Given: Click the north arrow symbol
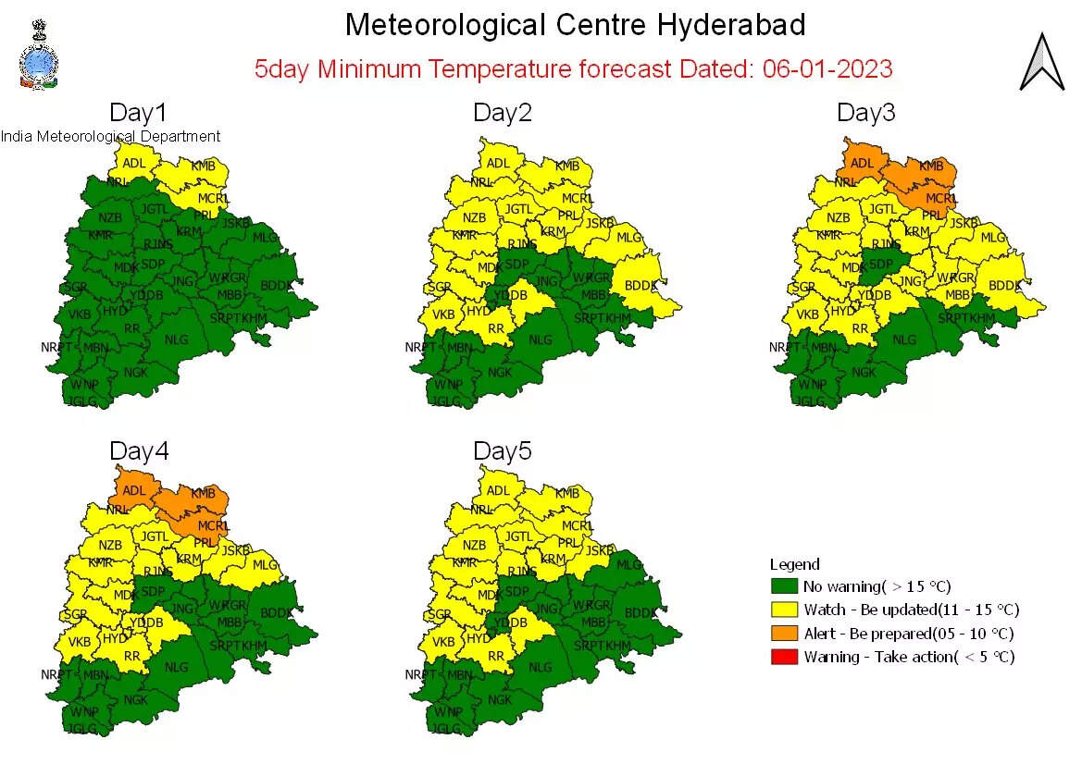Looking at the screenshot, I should [1041, 62].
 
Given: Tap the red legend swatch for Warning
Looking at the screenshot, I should [783, 657].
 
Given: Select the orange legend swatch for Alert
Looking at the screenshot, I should [783, 634].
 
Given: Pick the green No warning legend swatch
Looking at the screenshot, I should [783, 586].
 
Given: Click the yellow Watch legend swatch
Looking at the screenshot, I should [783, 610].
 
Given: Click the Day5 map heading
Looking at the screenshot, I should [503, 451].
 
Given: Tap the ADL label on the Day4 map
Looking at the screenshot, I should [134, 492].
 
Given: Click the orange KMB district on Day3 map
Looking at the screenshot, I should [930, 166].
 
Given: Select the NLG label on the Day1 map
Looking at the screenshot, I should [176, 339].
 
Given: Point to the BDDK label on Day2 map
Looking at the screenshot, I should [640, 285].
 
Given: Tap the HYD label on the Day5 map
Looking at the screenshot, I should [479, 638].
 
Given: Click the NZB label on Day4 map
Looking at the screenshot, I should [110, 546].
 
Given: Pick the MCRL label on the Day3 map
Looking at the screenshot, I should [940, 199].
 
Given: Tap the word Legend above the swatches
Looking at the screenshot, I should [794, 564].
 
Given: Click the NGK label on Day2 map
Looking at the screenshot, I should [499, 372].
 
